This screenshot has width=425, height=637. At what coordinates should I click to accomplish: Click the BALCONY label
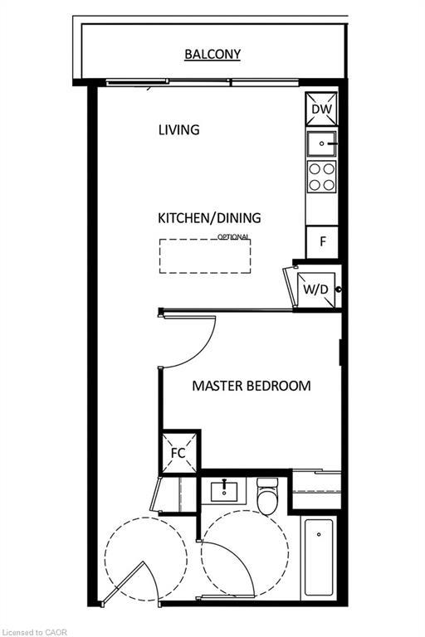[212, 55]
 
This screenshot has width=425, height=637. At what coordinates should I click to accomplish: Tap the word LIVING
[178, 129]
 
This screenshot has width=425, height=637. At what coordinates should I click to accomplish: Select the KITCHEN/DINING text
[209, 218]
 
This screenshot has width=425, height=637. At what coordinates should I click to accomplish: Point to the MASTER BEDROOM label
[252, 386]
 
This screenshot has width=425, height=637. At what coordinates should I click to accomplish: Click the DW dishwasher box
[321, 109]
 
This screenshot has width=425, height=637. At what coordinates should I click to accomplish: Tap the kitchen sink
[321, 143]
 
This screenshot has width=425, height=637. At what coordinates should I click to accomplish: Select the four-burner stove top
[321, 177]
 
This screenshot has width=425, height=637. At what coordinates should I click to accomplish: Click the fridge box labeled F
[321, 243]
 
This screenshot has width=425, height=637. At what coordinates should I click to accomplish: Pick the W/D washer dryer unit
[315, 289]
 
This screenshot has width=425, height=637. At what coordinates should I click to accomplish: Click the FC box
[178, 453]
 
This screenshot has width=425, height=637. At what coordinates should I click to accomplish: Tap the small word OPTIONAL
[234, 237]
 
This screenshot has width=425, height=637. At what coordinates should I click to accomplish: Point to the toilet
[267, 497]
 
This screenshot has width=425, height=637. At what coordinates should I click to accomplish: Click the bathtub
[318, 557]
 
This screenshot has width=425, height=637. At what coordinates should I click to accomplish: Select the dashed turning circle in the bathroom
[246, 552]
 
